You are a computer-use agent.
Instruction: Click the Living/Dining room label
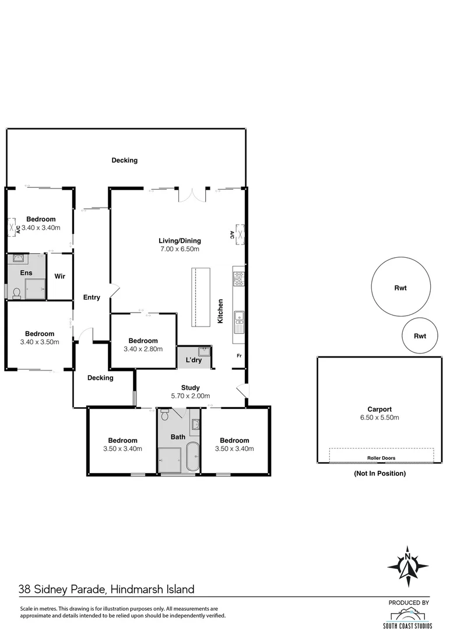pyautogui.click(x=180, y=241)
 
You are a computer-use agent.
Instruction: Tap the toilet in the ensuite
pyautogui.click(x=17, y=293)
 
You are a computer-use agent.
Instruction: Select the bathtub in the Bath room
pyautogui.click(x=193, y=457)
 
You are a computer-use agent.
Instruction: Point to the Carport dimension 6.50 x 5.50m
pyautogui.click(x=379, y=418)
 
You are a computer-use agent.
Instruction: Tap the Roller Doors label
pyautogui.click(x=381, y=458)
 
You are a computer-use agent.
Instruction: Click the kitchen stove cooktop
pyautogui.click(x=239, y=279)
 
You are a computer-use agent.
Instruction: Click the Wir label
pyautogui.click(x=60, y=276)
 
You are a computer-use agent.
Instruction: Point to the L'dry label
pyautogui.click(x=194, y=360)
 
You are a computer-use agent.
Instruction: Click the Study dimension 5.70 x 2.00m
pyautogui.click(x=190, y=395)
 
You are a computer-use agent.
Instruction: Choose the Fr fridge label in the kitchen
pyautogui.click(x=239, y=356)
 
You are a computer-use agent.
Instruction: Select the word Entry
pyautogui.click(x=92, y=297)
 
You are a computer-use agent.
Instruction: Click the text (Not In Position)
pyautogui.click(x=379, y=473)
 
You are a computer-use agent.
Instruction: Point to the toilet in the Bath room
pyautogui.click(x=165, y=414)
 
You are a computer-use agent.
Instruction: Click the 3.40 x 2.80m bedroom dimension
pyautogui.click(x=143, y=349)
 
